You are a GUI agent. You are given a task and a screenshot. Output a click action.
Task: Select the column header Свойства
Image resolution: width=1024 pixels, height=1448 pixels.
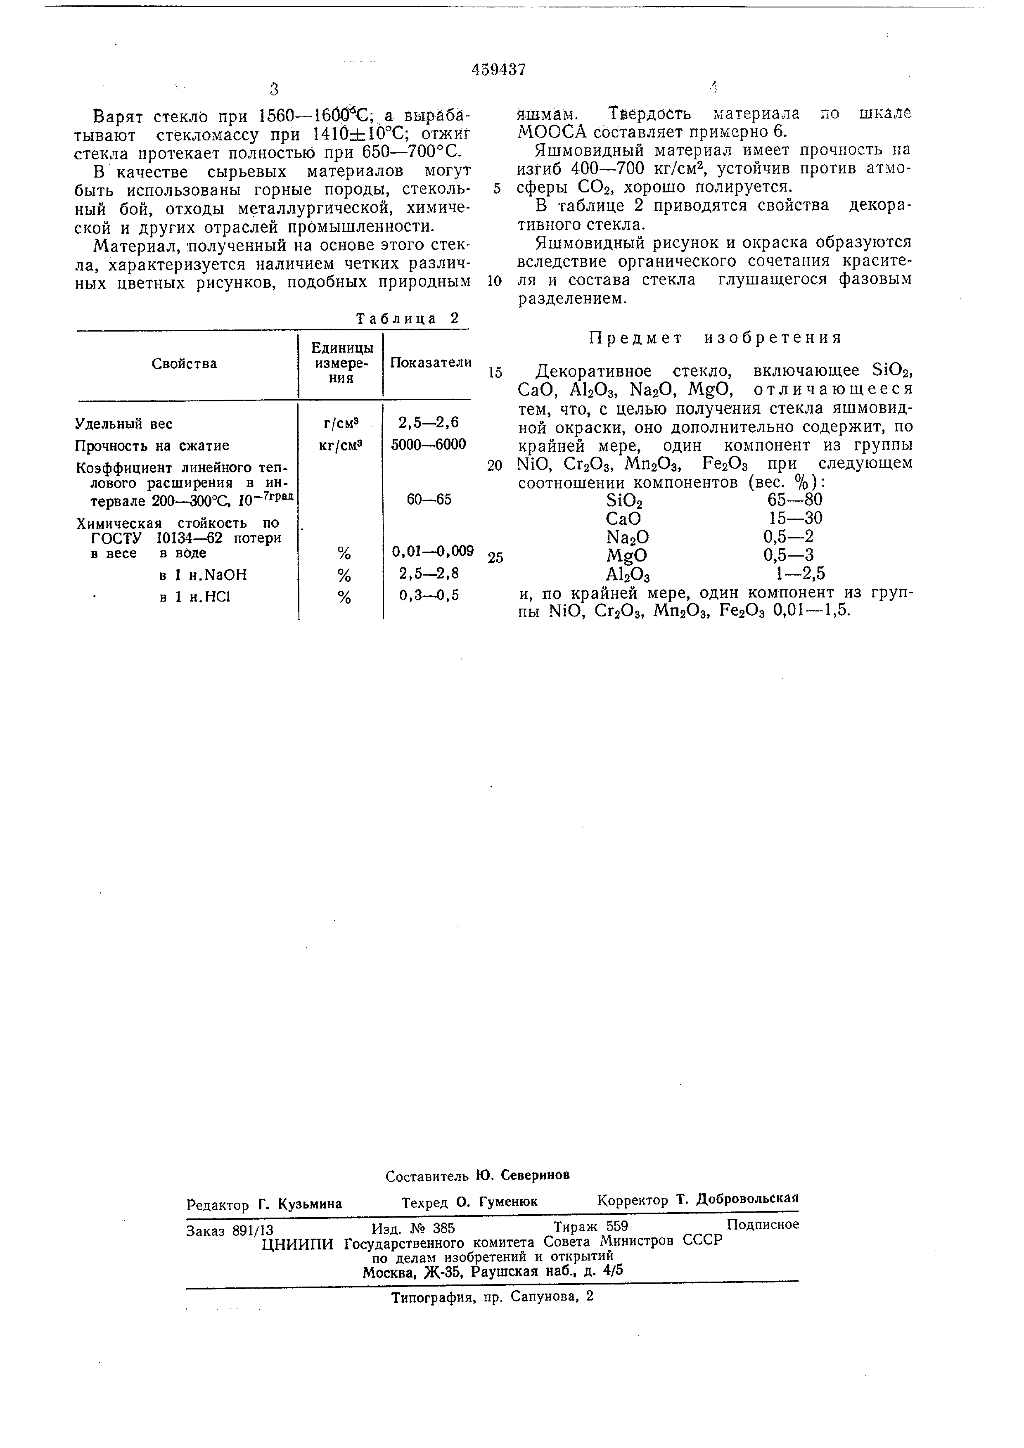184,364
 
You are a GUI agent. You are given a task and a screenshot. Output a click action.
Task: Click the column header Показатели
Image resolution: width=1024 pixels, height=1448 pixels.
431,362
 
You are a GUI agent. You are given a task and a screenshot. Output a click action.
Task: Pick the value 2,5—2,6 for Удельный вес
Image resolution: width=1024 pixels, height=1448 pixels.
428,423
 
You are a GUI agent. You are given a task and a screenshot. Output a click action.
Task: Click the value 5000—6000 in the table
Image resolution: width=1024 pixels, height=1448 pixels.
428,445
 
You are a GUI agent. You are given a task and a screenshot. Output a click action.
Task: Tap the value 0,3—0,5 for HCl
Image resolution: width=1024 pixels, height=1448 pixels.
429,595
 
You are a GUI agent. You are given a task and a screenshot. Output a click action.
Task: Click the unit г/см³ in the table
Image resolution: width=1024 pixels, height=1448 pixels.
341,424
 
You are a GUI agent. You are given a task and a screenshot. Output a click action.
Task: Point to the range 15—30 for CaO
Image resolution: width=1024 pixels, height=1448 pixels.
795,519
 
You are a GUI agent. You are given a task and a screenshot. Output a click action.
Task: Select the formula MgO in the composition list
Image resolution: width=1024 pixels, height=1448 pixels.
626,556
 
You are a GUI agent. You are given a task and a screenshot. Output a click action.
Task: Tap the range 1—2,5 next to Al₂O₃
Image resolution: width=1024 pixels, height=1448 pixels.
799,573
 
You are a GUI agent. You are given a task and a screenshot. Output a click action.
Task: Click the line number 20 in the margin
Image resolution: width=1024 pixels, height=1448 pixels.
495,465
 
